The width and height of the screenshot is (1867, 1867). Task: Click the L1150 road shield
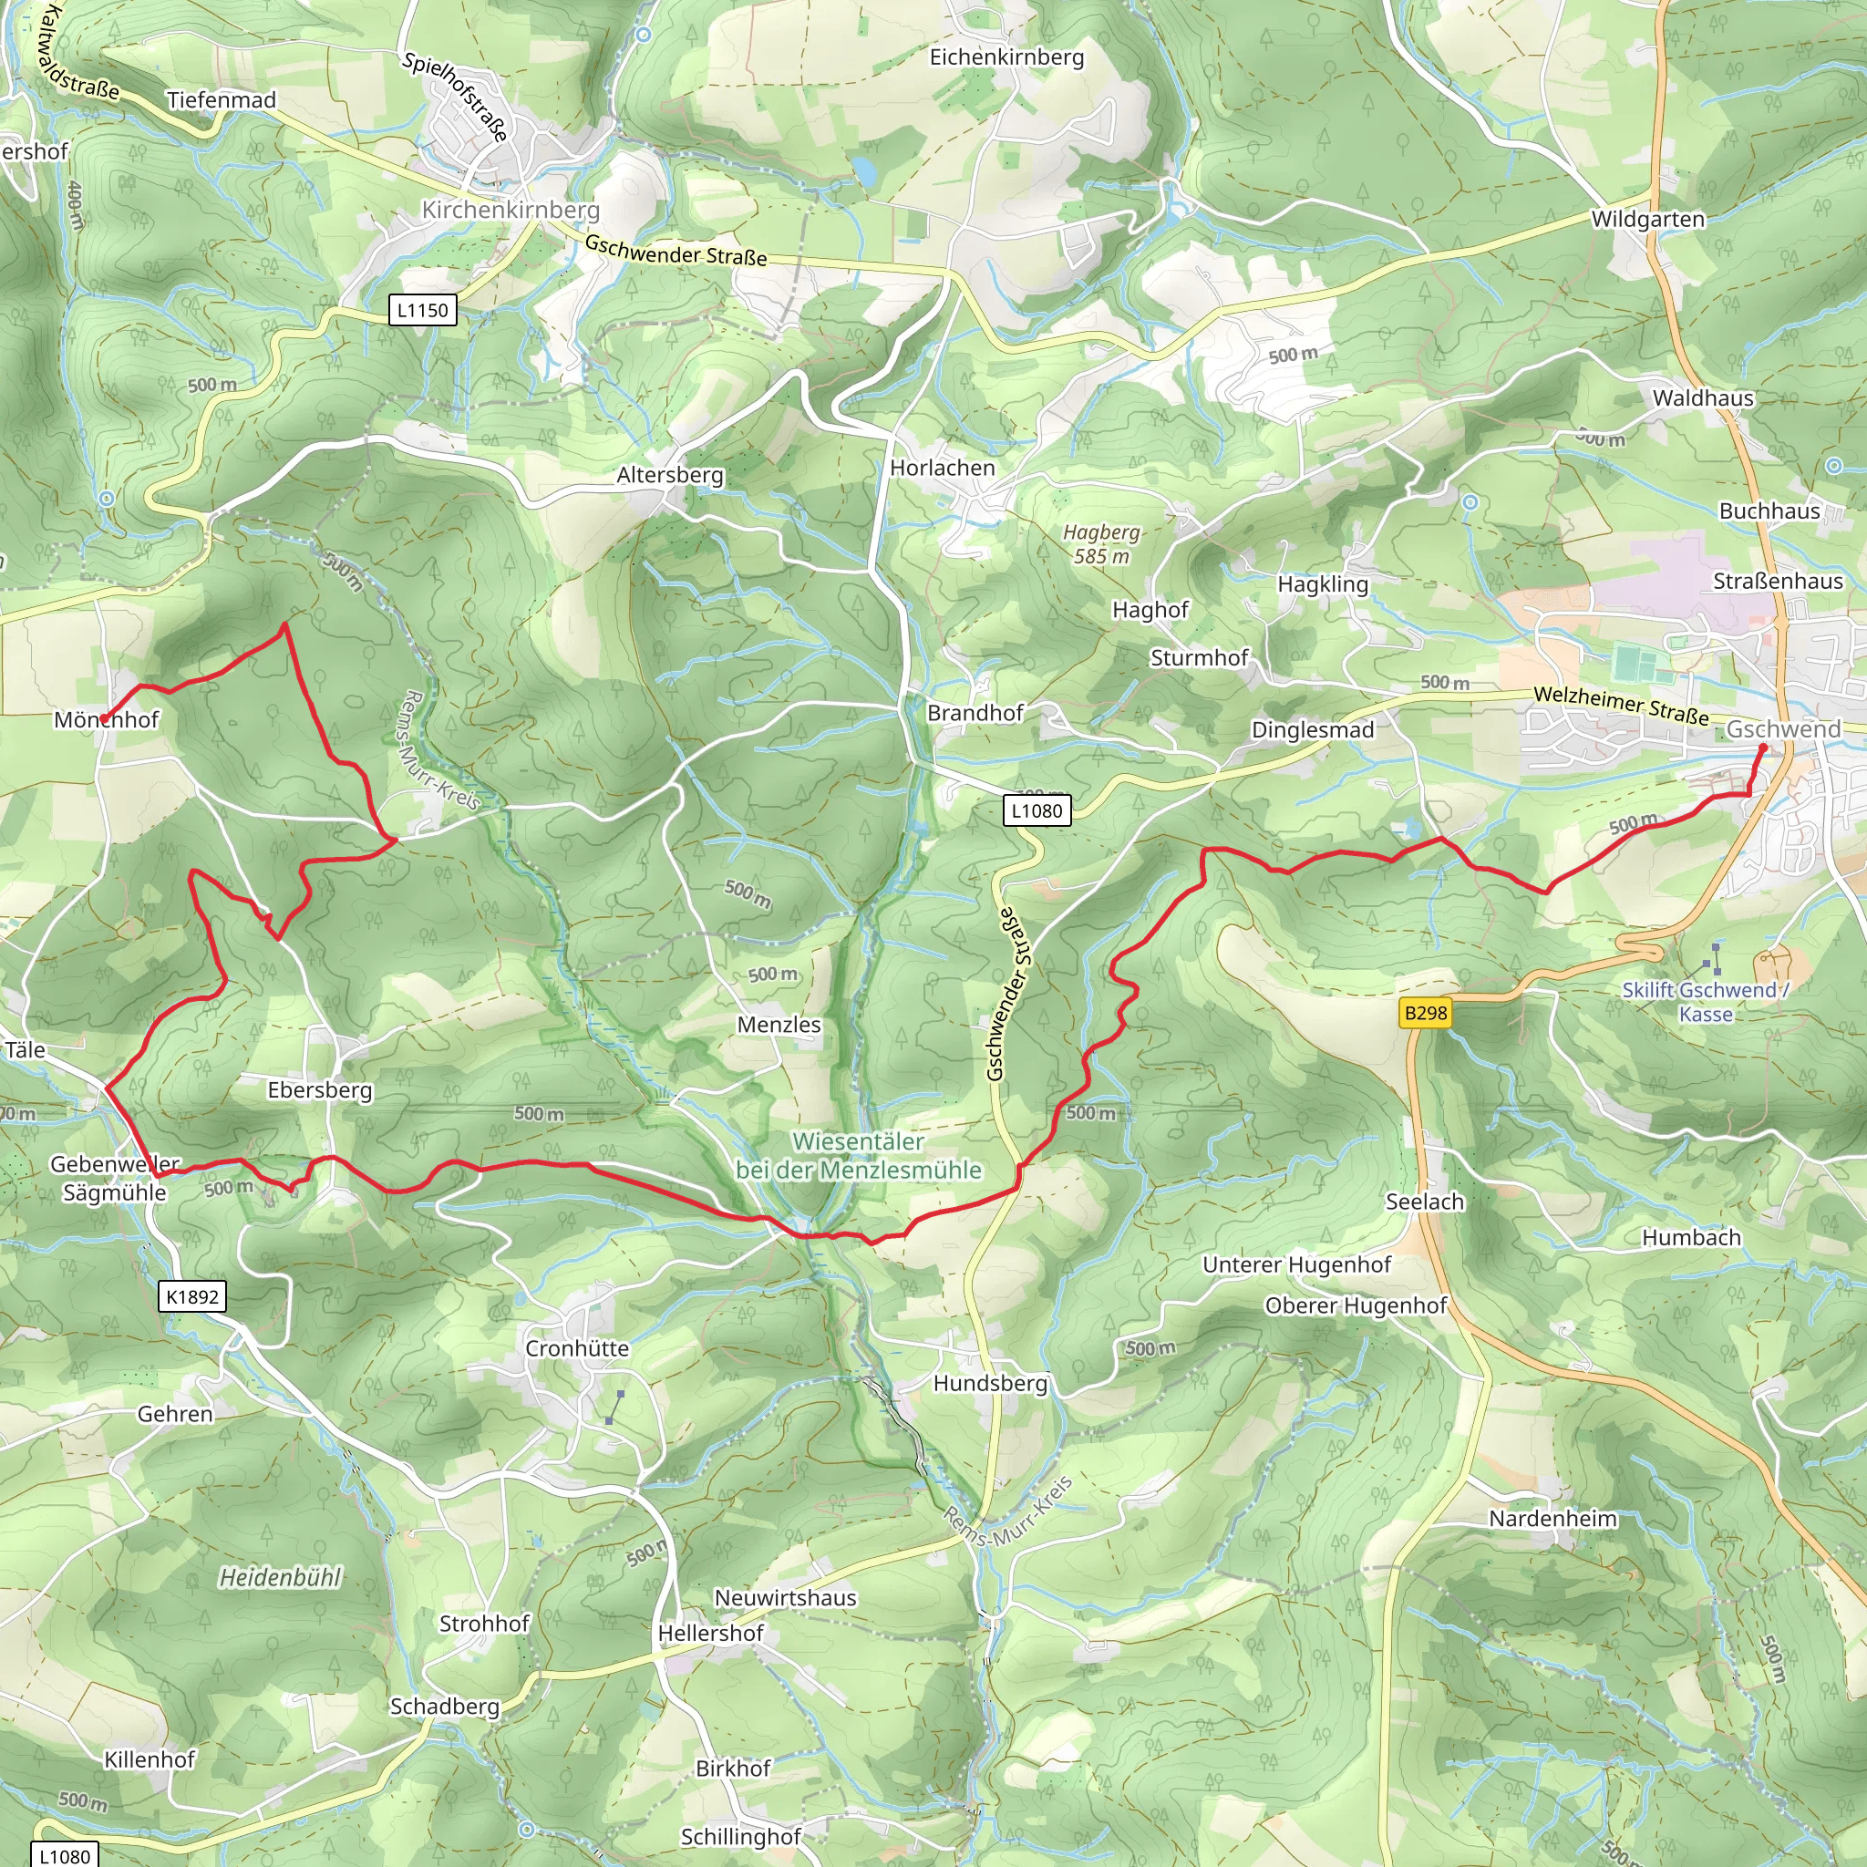click(422, 310)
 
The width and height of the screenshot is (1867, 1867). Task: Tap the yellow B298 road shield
click(1426, 1013)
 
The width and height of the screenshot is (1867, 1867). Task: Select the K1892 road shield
click(192, 1297)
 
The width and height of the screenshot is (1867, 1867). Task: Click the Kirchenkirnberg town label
click(511, 210)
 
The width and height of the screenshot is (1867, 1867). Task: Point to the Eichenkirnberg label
click(1006, 57)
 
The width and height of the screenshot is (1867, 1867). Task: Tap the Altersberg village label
click(670, 474)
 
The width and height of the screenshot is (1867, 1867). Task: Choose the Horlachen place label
click(943, 468)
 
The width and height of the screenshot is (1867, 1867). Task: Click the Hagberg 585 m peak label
click(1101, 544)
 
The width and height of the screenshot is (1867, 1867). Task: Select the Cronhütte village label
click(577, 1348)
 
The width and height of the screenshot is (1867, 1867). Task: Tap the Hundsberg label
click(989, 1384)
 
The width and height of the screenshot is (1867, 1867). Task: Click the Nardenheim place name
click(1552, 1518)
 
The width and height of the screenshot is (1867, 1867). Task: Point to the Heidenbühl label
click(280, 1578)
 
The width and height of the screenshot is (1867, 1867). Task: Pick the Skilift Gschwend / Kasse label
click(1705, 1002)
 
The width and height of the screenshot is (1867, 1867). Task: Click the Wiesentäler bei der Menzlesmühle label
click(858, 1156)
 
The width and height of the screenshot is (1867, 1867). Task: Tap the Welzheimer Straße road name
click(1621, 706)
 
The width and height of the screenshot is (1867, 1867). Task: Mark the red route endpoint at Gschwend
click(1763, 748)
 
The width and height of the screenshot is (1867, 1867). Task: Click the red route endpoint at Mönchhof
click(104, 718)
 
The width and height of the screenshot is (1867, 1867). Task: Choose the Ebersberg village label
click(320, 1090)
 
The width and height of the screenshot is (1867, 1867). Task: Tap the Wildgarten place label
click(1647, 220)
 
